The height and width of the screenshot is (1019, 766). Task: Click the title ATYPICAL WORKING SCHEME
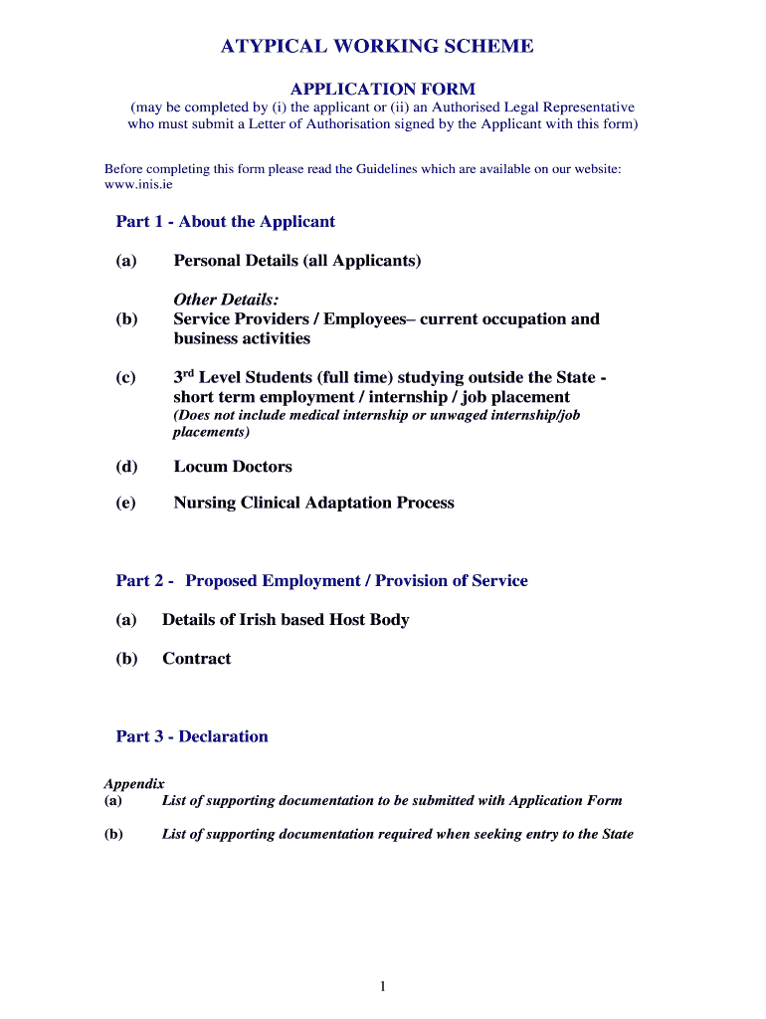click(377, 47)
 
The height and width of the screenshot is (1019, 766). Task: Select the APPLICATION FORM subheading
click(382, 89)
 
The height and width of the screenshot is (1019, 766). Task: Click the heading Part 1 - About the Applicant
click(226, 222)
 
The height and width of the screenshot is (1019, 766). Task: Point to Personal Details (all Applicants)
click(297, 261)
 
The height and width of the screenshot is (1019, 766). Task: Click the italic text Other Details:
click(226, 300)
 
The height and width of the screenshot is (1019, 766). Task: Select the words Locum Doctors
click(233, 467)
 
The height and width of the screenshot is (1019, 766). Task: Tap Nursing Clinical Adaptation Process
click(313, 504)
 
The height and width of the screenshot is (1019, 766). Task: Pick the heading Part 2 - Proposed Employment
click(322, 581)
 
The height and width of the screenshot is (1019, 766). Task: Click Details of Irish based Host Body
click(286, 620)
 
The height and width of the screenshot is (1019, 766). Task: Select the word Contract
click(196, 659)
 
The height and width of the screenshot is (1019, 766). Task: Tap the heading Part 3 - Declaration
click(192, 737)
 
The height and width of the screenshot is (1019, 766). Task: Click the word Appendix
click(134, 784)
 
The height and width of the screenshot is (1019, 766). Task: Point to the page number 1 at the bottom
click(383, 986)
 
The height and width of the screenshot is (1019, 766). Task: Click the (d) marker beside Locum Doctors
click(126, 467)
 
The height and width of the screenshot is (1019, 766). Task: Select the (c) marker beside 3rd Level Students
click(126, 379)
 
